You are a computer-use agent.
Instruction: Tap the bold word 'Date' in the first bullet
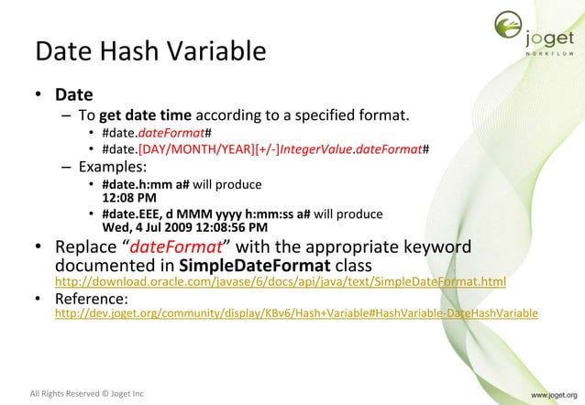73,94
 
